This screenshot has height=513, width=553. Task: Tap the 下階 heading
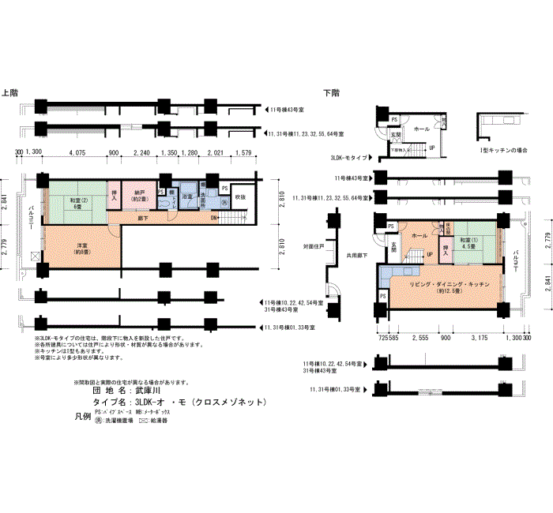point(332,92)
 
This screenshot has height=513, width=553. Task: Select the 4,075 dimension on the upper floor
point(77,153)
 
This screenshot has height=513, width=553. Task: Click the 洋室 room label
point(80,248)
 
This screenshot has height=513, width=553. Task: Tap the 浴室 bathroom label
point(188,196)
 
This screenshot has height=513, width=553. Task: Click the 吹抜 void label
point(240,197)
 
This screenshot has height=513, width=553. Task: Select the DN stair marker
point(214,218)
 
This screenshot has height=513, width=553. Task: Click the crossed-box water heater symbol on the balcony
point(32,256)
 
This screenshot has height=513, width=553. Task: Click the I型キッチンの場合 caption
point(504,149)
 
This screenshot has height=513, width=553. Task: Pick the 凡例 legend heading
point(81,415)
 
